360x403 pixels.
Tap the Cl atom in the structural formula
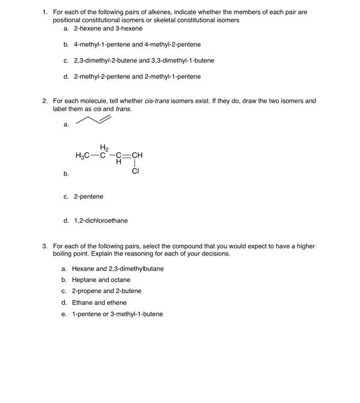(x=136, y=171)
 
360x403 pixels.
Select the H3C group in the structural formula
(x=83, y=155)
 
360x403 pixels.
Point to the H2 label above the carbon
(x=104, y=147)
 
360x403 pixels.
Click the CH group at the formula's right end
(x=137, y=155)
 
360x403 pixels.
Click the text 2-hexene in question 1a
(x=87, y=28)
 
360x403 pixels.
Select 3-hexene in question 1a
(x=129, y=28)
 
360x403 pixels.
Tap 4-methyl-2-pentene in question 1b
(x=174, y=44)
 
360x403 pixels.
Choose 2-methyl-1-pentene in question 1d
(x=174, y=77)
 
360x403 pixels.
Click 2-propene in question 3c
(x=86, y=291)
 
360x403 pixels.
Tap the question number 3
(x=45, y=246)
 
